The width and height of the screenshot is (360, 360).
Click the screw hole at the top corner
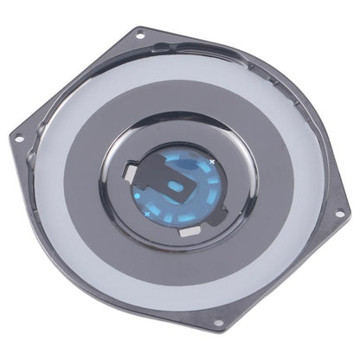point(138,36)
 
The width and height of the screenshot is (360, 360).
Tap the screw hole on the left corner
point(16,136)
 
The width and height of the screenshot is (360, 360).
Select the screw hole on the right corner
point(340,213)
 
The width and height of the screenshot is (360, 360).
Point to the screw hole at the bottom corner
point(218,325)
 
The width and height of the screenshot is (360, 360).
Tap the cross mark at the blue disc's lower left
point(147,212)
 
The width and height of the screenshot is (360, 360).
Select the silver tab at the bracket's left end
point(129,174)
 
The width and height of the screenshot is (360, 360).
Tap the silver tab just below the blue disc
point(188,231)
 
